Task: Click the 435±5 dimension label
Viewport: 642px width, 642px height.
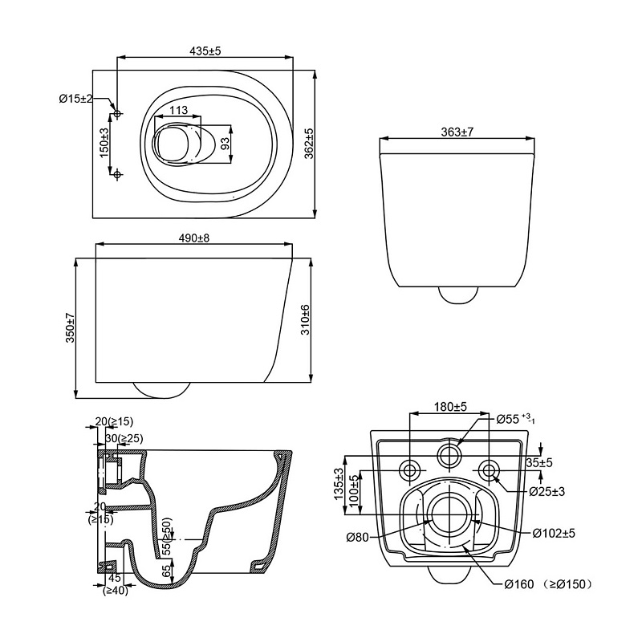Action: click(x=205, y=51)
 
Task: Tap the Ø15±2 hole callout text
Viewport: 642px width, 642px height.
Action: click(x=76, y=99)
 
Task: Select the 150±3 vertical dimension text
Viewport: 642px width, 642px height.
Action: click(x=104, y=143)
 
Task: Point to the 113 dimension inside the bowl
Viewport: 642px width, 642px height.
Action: click(x=178, y=110)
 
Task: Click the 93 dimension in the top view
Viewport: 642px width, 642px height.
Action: click(x=226, y=144)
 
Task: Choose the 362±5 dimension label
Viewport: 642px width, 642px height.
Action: click(x=309, y=143)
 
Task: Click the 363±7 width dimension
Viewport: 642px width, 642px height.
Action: click(x=457, y=132)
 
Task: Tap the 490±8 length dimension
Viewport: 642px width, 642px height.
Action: click(x=194, y=238)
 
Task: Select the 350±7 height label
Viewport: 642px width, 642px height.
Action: click(x=70, y=327)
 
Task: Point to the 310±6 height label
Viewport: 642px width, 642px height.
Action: click(x=306, y=319)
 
